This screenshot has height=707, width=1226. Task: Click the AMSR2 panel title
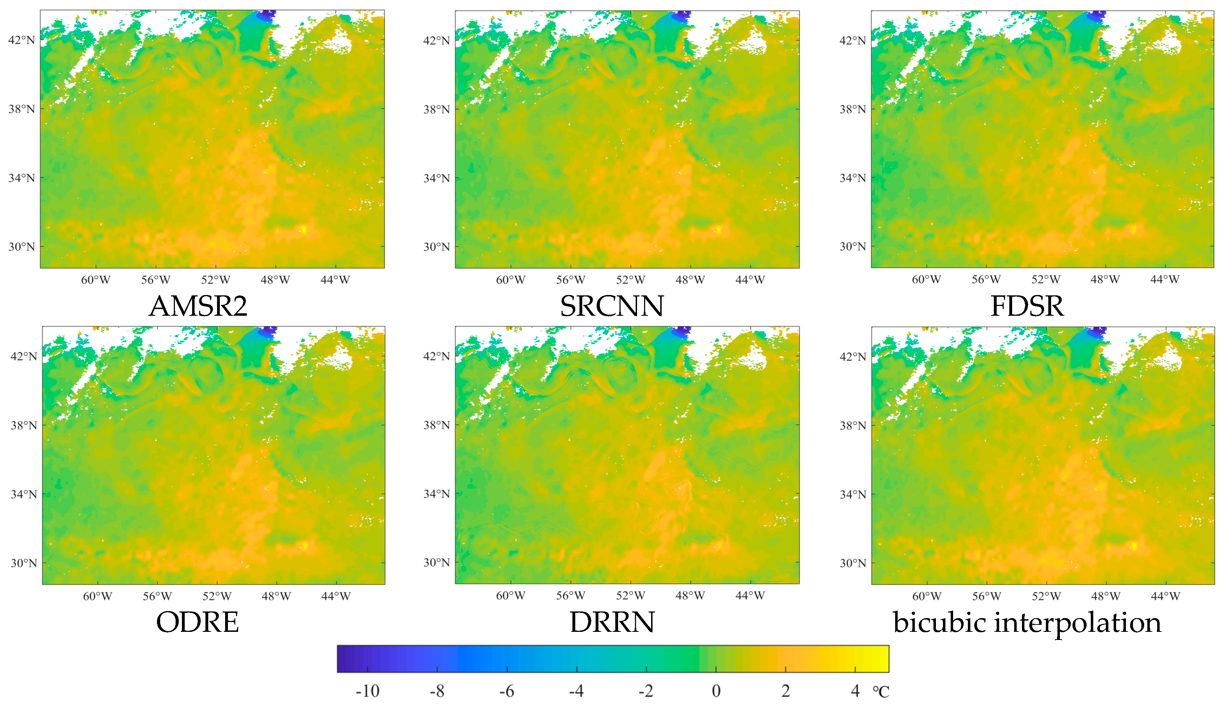(x=198, y=306)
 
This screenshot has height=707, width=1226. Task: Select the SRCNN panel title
(x=612, y=306)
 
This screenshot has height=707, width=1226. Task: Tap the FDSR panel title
(x=1027, y=306)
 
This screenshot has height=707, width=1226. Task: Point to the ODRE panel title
(x=198, y=622)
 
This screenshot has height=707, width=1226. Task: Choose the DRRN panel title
(x=612, y=622)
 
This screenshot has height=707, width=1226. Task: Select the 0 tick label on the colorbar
(x=716, y=691)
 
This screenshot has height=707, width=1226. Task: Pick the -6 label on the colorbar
(x=506, y=691)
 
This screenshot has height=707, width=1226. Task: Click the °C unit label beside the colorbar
(x=881, y=692)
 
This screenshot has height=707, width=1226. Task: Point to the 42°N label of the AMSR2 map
(x=22, y=40)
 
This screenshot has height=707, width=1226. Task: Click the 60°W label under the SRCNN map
(x=510, y=280)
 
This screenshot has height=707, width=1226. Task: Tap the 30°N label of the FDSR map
(x=853, y=247)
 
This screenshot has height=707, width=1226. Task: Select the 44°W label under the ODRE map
(x=335, y=596)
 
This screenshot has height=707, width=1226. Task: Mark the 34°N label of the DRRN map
(x=437, y=494)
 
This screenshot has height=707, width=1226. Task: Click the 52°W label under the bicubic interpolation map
(x=1046, y=596)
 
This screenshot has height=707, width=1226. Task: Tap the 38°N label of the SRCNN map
(x=437, y=109)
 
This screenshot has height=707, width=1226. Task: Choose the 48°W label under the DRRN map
(x=690, y=596)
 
